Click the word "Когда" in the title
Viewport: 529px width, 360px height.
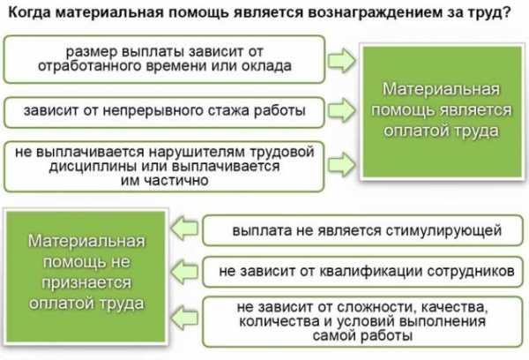(x=29, y=13)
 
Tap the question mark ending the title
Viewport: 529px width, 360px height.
(x=505, y=12)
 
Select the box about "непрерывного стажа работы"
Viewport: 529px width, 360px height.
(x=164, y=112)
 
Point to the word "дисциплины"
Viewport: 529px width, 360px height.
(x=92, y=167)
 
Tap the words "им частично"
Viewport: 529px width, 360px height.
(x=165, y=180)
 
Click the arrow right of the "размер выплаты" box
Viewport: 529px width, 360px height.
(x=342, y=61)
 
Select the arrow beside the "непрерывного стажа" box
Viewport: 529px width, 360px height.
(x=342, y=110)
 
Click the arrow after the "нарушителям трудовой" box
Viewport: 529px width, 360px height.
(x=342, y=164)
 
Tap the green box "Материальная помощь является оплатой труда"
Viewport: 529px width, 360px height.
(x=442, y=112)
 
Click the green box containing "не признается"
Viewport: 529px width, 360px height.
(x=86, y=276)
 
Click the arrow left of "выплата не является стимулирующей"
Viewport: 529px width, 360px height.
(x=184, y=228)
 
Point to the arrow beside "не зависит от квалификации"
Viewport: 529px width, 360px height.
(x=184, y=271)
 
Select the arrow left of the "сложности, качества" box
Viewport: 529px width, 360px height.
(x=184, y=318)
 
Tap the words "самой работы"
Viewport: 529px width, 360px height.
(x=362, y=335)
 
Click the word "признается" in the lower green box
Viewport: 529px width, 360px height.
(x=86, y=283)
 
